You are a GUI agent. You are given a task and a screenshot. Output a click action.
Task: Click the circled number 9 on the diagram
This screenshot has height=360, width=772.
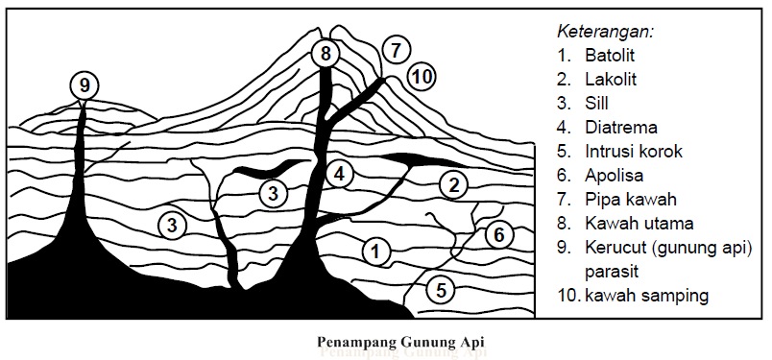pyautogui.click(x=84, y=85)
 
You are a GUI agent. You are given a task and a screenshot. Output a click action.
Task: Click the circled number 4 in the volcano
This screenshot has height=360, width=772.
pyautogui.click(x=339, y=174)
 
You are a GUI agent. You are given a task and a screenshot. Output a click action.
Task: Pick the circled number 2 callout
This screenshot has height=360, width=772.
pyautogui.click(x=452, y=183)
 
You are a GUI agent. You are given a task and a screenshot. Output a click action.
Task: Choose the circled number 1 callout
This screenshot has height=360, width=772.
pyautogui.click(x=377, y=252)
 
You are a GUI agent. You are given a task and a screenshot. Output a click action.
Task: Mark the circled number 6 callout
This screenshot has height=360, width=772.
pyautogui.click(x=495, y=232)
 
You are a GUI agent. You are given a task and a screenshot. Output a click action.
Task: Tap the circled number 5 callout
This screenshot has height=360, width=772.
pyautogui.click(x=439, y=289)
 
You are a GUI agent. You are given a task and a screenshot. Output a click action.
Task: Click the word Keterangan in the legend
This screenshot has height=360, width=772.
pyautogui.click(x=599, y=31)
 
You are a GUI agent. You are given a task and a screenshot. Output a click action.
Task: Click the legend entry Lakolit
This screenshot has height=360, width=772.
pyautogui.click(x=611, y=79)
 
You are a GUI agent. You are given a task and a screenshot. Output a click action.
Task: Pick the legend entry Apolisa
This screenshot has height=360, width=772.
pyautogui.click(x=615, y=175)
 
